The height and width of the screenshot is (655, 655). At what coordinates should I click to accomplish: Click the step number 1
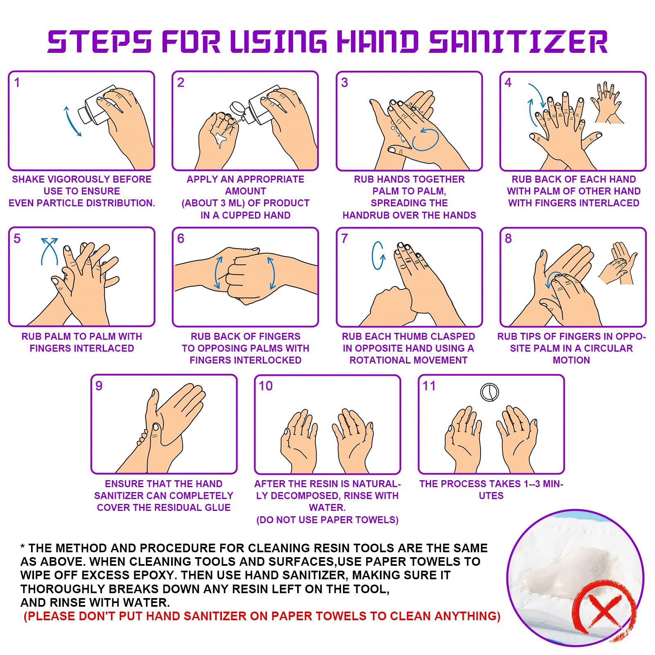click(x=17, y=82)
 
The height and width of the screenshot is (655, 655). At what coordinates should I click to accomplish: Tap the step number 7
click(x=344, y=238)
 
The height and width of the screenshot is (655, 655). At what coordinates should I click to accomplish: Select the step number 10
click(x=266, y=386)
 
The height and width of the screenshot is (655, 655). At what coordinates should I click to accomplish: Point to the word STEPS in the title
click(x=99, y=41)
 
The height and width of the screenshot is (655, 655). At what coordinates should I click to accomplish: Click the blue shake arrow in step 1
click(x=72, y=121)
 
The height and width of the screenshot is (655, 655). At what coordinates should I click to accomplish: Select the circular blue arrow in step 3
click(x=425, y=139)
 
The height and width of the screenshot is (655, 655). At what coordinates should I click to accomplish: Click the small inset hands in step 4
click(x=608, y=102)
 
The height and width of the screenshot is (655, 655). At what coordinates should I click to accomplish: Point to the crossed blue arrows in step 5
click(x=50, y=251)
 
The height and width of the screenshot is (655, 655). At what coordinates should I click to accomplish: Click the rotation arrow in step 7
click(x=378, y=255)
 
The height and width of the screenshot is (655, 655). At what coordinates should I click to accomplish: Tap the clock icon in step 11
click(x=490, y=392)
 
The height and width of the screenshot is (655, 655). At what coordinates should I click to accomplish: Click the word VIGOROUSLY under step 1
click(x=82, y=179)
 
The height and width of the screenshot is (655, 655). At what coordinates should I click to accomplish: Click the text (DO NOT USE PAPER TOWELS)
click(x=327, y=520)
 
